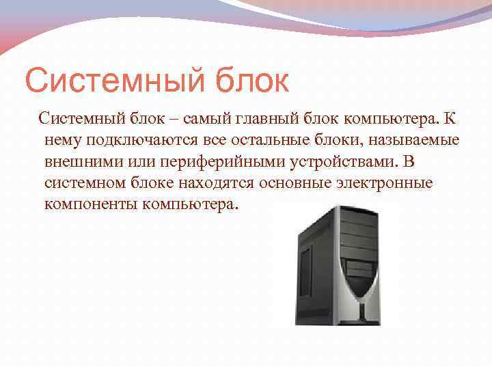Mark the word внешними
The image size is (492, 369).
pos(77,163)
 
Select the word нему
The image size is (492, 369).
pos(61,141)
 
